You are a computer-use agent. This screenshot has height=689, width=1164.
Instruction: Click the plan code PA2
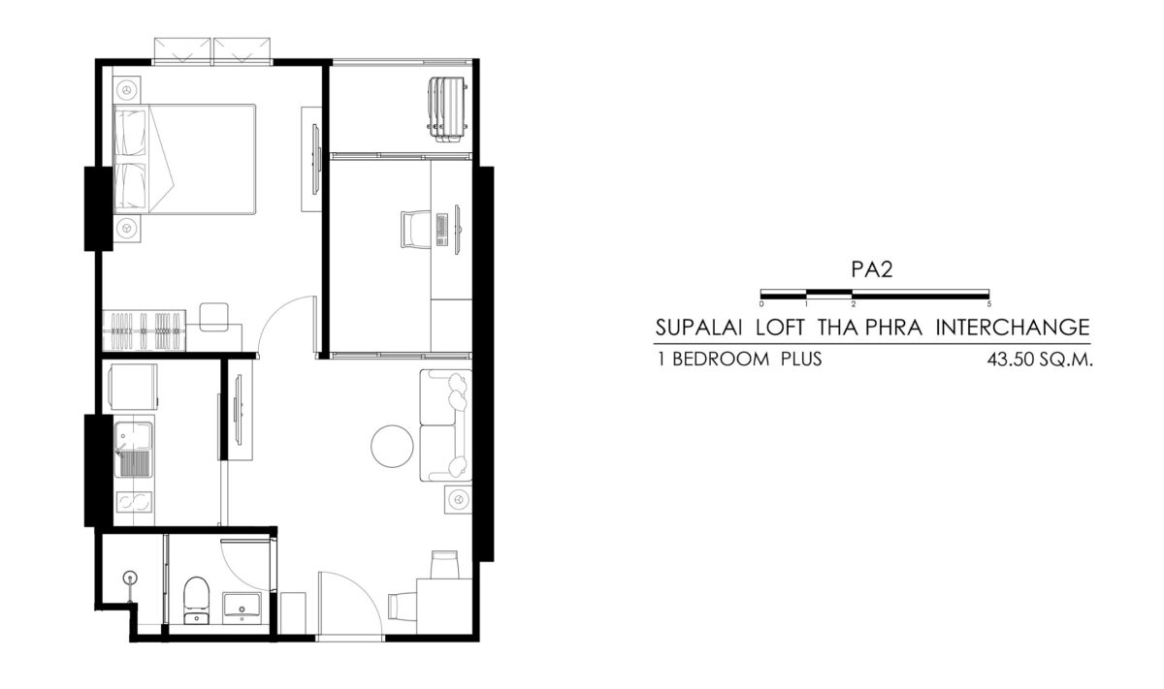point(871,269)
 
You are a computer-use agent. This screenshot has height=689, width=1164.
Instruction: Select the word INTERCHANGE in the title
point(1013,328)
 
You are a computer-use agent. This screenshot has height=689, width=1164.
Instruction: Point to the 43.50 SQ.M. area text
point(1040,360)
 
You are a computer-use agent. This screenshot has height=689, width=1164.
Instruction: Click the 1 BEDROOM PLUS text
point(739,360)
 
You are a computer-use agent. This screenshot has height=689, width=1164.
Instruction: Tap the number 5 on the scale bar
point(988,304)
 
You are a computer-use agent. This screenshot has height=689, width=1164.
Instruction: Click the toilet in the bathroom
point(196,600)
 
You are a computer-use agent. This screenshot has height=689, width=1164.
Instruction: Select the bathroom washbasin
point(242,608)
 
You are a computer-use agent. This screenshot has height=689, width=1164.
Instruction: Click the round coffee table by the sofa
point(392,446)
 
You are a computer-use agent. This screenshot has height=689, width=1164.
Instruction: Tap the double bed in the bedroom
point(184,159)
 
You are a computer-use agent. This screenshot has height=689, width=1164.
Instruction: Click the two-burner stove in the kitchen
point(134,502)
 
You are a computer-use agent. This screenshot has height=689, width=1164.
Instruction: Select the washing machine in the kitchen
point(133,387)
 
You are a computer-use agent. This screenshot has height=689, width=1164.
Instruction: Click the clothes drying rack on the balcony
point(447,110)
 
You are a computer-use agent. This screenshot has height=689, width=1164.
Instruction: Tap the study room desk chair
point(415,229)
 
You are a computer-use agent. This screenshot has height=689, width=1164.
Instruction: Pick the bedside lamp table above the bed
point(126,90)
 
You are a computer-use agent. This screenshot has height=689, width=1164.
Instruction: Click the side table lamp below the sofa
point(458,499)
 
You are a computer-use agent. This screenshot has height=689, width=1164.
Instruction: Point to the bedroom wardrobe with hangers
point(144,330)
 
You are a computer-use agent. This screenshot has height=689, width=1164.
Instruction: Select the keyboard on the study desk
point(442,230)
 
